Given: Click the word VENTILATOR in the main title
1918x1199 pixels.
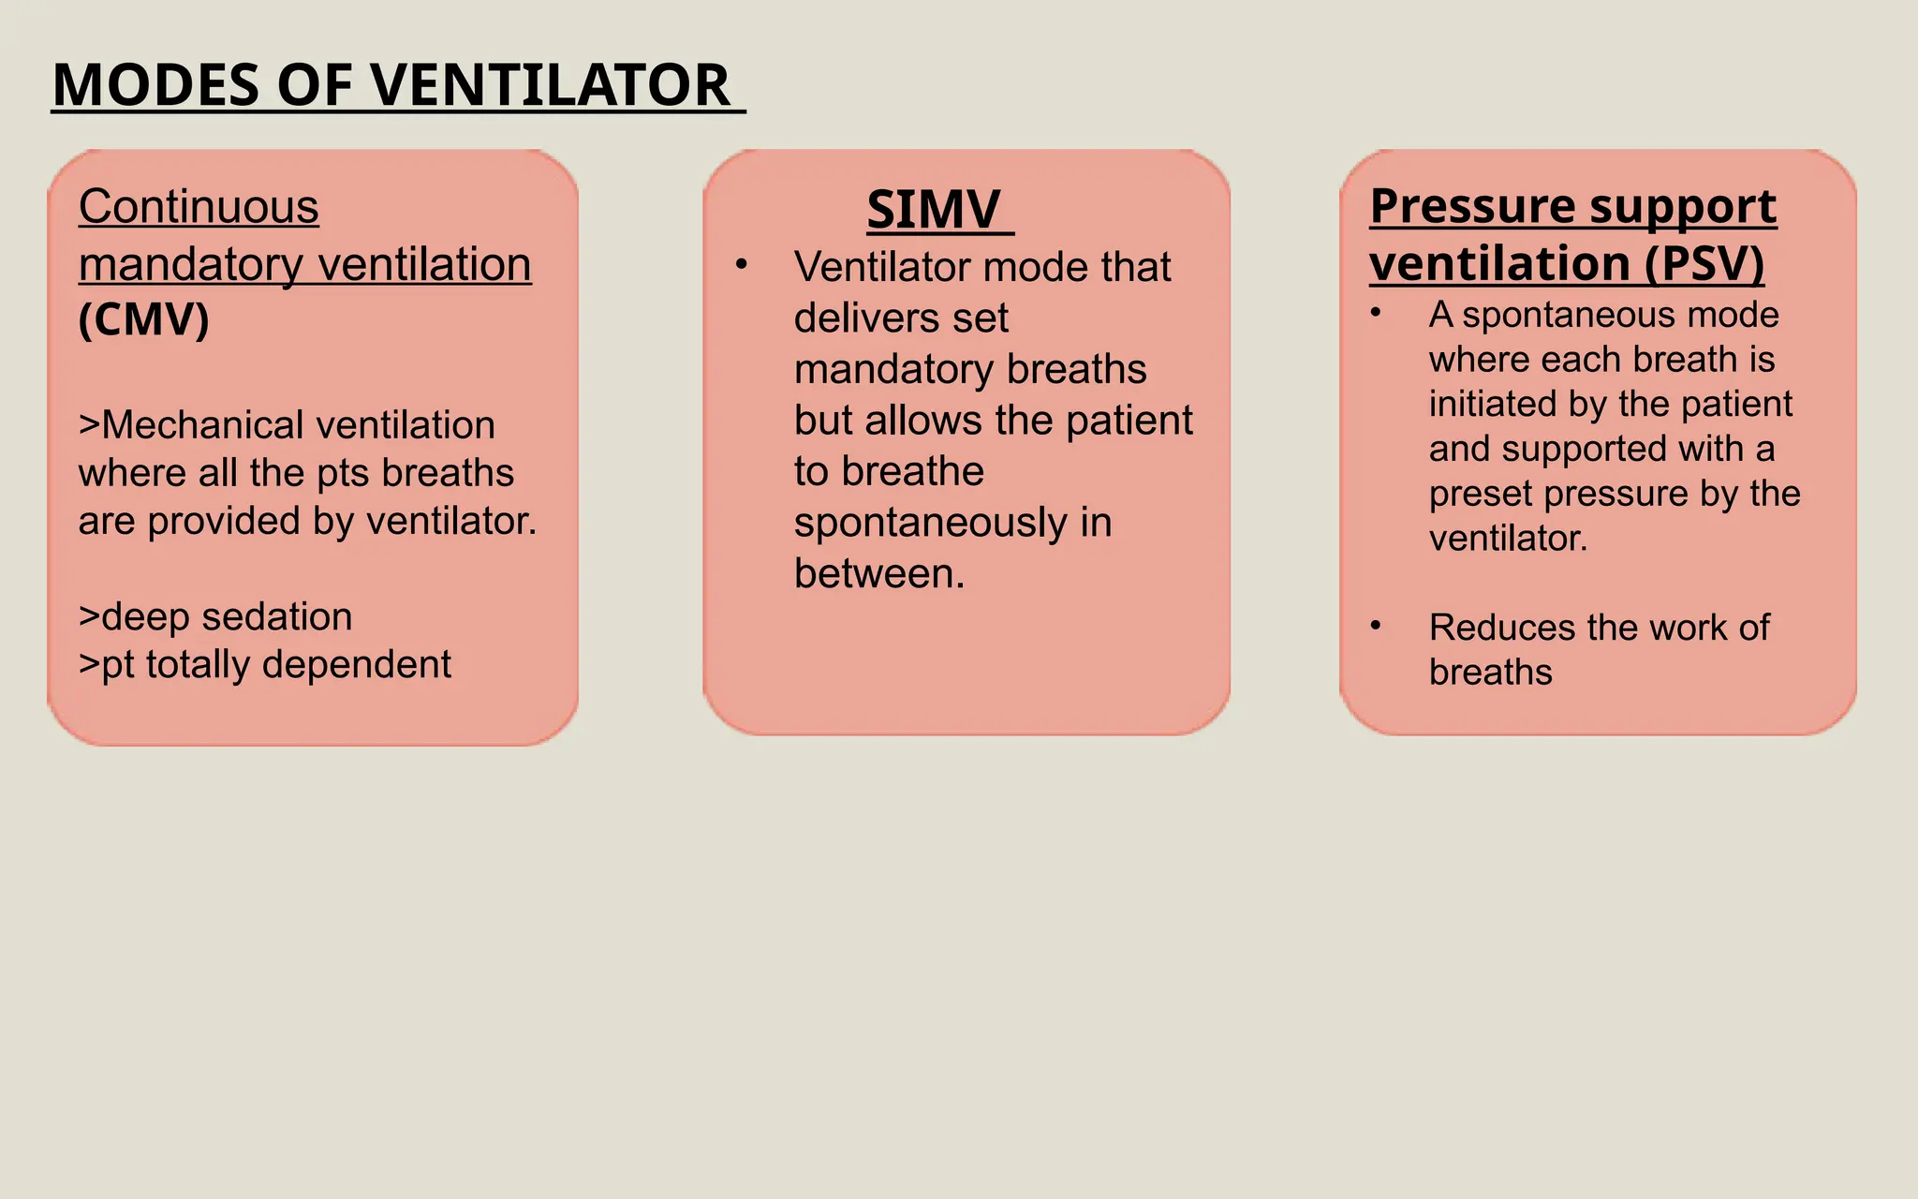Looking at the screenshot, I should (551, 85).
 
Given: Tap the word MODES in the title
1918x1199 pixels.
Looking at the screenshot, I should (155, 85).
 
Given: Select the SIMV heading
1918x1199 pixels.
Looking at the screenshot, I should (934, 209).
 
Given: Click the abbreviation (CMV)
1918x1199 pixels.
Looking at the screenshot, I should (144, 320).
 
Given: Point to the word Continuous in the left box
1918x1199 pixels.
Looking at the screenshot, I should (199, 207).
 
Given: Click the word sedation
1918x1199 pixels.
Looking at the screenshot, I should (277, 617).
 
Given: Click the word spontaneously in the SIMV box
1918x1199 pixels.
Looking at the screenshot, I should (931, 523).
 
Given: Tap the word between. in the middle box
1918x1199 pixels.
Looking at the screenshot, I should (879, 573).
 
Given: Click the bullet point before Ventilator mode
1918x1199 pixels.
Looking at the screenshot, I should (742, 265).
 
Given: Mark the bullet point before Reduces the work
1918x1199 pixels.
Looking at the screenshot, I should (1376, 625).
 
